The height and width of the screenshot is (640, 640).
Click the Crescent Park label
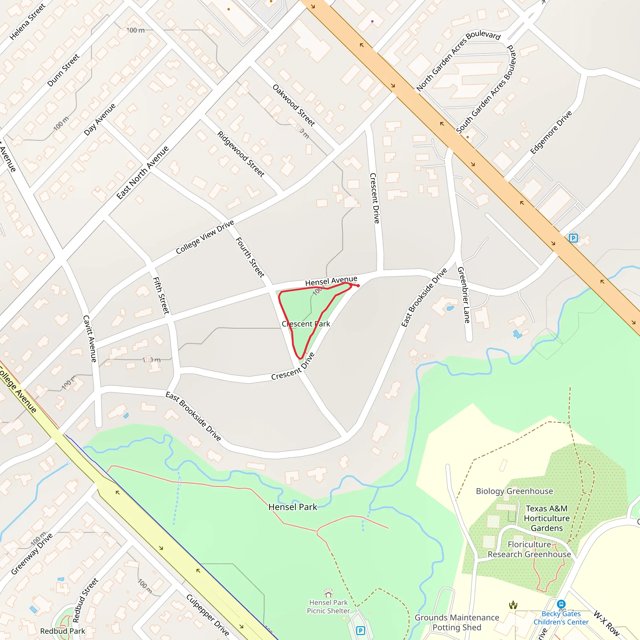(306, 324)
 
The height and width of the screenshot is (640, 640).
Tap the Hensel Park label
(292, 507)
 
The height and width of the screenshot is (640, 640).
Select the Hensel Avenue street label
(331, 281)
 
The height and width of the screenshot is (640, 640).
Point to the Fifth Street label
(161, 296)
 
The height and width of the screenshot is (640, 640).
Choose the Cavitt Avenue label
(90, 338)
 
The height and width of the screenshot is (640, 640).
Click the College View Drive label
(205, 237)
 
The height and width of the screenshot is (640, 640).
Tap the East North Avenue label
(142, 172)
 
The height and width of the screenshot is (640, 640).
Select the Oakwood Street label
(293, 105)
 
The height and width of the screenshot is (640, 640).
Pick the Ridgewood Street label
(241, 154)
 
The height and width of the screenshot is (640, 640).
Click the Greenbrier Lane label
(464, 295)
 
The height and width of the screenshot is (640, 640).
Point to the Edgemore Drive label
(551, 132)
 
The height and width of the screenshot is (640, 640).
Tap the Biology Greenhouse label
(514, 491)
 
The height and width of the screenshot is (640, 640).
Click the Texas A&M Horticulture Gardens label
(547, 518)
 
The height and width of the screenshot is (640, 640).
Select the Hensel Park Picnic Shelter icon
(328, 592)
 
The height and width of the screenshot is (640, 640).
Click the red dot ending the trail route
(358, 286)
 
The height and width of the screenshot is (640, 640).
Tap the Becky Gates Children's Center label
(561, 618)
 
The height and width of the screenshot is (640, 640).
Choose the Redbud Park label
(62, 631)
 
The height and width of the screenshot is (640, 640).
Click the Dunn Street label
(63, 70)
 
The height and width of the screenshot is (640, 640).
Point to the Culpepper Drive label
(208, 615)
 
